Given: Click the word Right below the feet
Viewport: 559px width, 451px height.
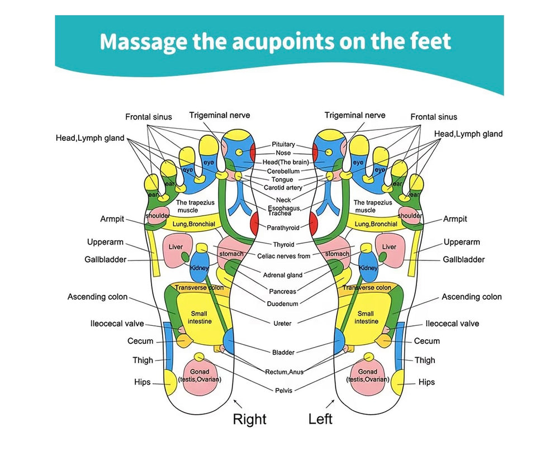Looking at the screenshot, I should (249, 419).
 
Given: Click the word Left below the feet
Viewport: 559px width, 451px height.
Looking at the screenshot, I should (320, 419).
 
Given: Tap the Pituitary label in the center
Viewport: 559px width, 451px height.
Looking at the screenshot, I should (283, 144).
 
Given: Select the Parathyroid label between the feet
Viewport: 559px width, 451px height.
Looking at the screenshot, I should (283, 227).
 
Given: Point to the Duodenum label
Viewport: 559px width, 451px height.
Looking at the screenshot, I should (283, 303).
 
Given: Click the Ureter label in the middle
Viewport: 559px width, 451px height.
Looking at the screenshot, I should (283, 323).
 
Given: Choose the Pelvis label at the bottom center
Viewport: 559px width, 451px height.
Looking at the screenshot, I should (283, 390).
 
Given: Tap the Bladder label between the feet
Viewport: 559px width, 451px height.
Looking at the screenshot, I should (283, 352).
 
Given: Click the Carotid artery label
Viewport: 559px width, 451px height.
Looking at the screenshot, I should (283, 188).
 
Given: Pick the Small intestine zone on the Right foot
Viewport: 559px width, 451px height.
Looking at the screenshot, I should (198, 317).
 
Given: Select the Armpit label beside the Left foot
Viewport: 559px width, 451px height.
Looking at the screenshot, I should (455, 219).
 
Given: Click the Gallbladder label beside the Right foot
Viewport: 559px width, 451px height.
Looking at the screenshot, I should (106, 259).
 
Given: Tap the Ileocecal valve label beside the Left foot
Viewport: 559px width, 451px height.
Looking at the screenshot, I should (452, 324).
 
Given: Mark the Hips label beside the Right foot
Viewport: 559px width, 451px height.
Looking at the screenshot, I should (143, 382).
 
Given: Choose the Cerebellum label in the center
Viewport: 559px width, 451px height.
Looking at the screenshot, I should (283, 171).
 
